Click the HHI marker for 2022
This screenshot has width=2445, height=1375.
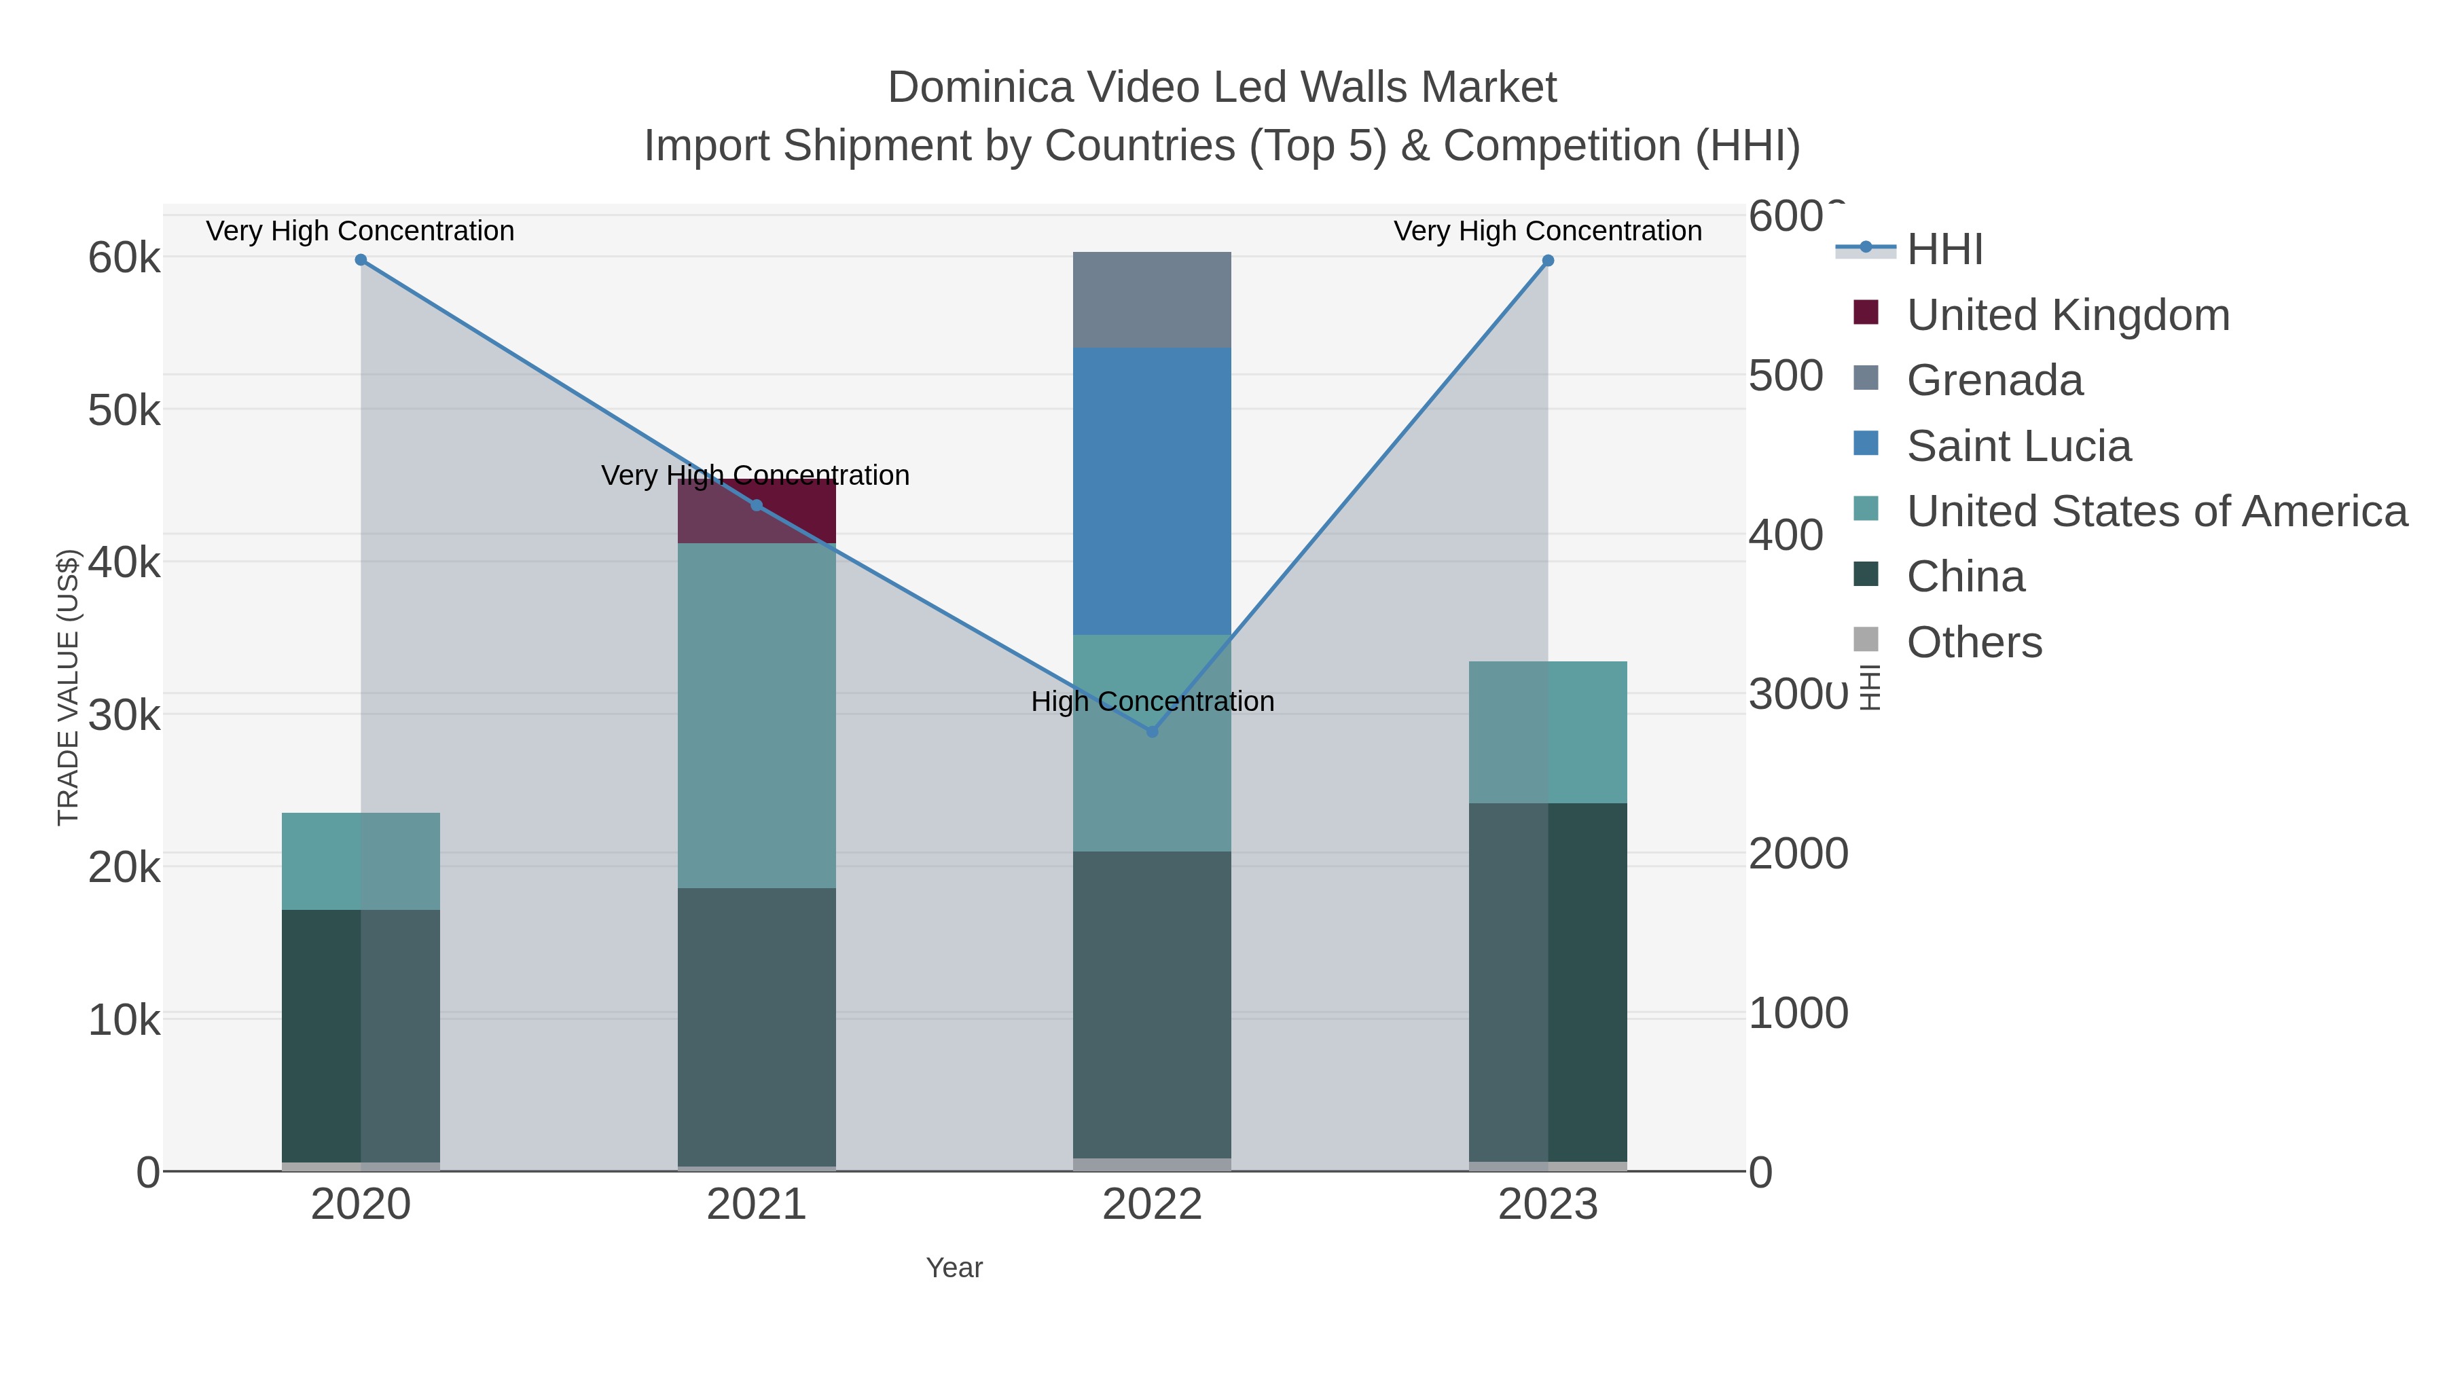click(1153, 731)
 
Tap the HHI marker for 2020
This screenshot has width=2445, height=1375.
click(361, 260)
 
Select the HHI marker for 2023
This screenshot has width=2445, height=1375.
click(1548, 261)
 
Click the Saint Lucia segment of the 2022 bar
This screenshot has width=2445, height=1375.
click(1153, 491)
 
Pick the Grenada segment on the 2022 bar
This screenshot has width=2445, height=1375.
click(1153, 300)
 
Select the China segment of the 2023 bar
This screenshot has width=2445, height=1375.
click(1548, 982)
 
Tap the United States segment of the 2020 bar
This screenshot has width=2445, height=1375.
click(361, 861)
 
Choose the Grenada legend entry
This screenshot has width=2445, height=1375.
click(1994, 380)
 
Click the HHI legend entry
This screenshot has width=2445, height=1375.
click(1944, 250)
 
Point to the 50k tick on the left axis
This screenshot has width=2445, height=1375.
click(124, 411)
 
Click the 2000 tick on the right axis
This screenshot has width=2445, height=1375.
click(1798, 854)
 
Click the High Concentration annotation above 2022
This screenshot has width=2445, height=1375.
click(1153, 702)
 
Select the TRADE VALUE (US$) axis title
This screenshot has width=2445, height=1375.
click(69, 687)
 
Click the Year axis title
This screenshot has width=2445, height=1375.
click(954, 1268)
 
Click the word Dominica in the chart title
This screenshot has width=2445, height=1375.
click(979, 88)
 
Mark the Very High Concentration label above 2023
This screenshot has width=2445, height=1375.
click(1547, 232)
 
